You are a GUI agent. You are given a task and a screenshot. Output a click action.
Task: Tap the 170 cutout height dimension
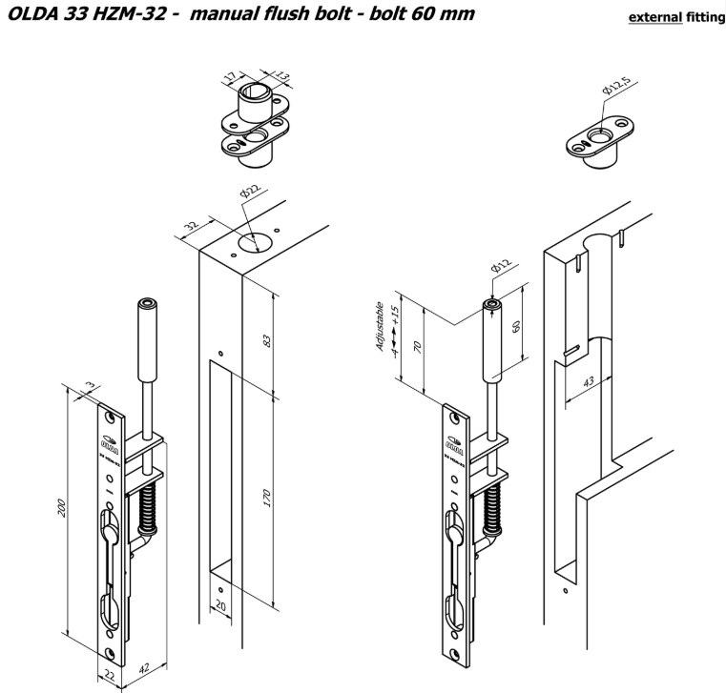coord(267,498)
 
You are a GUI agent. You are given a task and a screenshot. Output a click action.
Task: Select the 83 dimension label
coord(267,340)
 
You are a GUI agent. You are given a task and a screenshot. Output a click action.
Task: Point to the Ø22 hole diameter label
coord(249,194)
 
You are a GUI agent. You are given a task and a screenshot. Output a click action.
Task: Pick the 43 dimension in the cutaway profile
coord(588,381)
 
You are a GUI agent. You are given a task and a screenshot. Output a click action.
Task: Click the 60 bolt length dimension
coord(516,327)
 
